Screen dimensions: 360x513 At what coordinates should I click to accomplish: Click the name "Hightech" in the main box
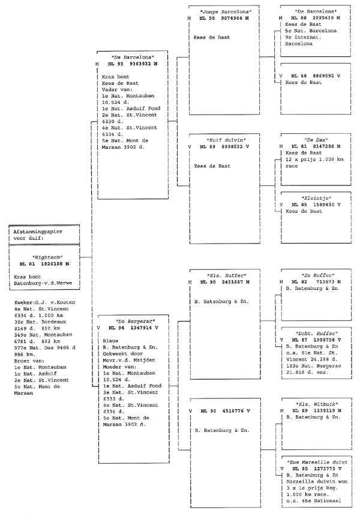[47, 257]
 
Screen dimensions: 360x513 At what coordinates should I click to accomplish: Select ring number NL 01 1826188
[44, 264]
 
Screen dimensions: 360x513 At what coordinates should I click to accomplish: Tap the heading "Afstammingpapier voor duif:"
[38, 235]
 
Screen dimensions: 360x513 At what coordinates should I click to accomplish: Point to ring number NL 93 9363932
[132, 64]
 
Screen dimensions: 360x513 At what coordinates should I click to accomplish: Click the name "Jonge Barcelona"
[226, 12]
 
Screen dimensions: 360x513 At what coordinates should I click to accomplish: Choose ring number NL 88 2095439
[316, 18]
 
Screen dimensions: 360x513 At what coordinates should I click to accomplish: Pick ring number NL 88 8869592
[316, 76]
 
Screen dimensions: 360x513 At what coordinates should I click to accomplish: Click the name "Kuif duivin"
[226, 140]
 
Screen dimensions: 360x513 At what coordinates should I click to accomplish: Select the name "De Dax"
[316, 140]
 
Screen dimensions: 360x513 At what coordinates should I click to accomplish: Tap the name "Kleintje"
[316, 198]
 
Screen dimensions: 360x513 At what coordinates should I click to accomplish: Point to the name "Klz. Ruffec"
[226, 275]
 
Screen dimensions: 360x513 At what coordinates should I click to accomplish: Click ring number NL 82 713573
[316, 281]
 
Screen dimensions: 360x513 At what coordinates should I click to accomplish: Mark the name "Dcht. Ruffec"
[317, 334]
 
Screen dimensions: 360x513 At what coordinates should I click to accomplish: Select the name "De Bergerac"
[135, 321]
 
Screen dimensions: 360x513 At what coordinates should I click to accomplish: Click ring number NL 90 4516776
[225, 411]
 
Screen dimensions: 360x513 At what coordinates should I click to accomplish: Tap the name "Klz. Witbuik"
[317, 404]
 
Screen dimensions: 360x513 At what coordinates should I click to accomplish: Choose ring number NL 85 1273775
[317, 469]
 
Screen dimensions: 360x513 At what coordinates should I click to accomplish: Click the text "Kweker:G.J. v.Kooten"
[44, 302]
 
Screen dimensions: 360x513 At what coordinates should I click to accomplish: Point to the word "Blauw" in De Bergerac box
[110, 341]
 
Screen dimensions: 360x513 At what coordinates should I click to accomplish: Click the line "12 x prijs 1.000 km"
[314, 160]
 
